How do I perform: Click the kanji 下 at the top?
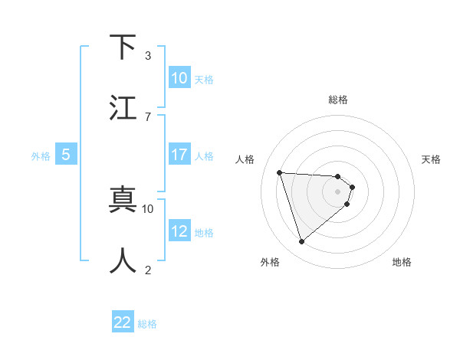pos(123,47)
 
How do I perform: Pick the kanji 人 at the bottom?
pos(123,260)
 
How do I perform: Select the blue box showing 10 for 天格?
pos(179,78)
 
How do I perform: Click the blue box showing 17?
pos(179,155)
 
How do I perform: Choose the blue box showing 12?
pos(179,231)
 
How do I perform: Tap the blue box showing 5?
pos(66,155)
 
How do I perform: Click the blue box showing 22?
pos(123,322)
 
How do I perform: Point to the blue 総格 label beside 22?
pos(147,324)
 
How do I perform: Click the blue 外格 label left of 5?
pos(41,156)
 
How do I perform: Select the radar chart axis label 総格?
pos(338,100)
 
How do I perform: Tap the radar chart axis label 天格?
pos(431,159)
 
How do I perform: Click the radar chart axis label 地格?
pos(402,262)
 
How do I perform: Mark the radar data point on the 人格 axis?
pos(280,172)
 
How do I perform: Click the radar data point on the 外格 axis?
pos(301,242)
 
